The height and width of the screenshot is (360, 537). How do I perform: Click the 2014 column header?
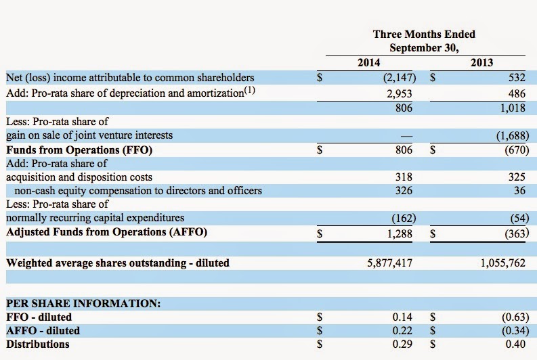(369, 63)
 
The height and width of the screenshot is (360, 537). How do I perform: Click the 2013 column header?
(481, 63)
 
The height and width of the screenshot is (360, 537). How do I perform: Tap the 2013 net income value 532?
(517, 78)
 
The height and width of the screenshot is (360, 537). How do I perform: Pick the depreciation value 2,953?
(400, 94)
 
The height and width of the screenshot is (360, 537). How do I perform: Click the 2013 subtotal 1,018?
(513, 108)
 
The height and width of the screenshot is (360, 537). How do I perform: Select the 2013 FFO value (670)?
(517, 150)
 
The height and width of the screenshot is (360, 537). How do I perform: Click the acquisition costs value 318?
(404, 177)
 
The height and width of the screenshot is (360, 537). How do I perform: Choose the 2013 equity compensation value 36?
(519, 191)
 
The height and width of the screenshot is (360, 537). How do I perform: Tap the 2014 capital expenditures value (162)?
(404, 218)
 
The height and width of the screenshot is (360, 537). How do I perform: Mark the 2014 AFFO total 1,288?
(400, 233)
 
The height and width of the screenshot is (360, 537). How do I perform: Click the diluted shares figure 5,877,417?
(390, 263)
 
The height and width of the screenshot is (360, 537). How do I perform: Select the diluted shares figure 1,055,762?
(502, 263)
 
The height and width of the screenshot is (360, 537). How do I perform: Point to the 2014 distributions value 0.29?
(402, 344)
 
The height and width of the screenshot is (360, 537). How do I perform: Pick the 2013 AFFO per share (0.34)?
(515, 331)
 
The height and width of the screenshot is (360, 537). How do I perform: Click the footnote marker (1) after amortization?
(250, 91)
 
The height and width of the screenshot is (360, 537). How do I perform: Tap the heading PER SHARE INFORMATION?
(83, 304)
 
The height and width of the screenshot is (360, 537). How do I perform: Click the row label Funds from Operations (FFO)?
(79, 150)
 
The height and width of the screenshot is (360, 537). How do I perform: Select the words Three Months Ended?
(424, 35)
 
